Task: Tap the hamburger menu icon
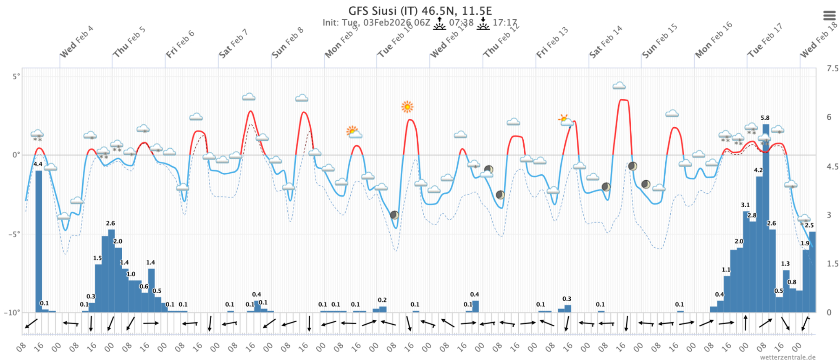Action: [x=829, y=16]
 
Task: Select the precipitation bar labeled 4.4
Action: [x=39, y=239]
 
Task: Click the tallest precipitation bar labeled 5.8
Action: [x=766, y=210]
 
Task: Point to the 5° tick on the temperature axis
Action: [x=16, y=76]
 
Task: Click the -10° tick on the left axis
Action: [x=12, y=313]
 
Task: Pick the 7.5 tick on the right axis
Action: [x=832, y=68]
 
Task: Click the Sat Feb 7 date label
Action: [x=233, y=44]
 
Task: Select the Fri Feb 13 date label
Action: [x=552, y=42]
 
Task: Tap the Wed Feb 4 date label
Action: [x=76, y=42]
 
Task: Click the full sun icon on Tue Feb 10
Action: [x=407, y=107]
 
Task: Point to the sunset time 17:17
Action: [x=504, y=22]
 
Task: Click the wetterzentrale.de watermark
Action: [x=787, y=357]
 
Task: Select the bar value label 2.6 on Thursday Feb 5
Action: [x=110, y=223]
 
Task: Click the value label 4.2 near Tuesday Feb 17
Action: [x=758, y=170]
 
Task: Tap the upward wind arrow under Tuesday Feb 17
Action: [x=745, y=323]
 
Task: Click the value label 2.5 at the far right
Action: [x=809, y=225]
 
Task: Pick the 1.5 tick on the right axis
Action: [x=832, y=263]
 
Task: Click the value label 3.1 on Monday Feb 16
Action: [x=745, y=205]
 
